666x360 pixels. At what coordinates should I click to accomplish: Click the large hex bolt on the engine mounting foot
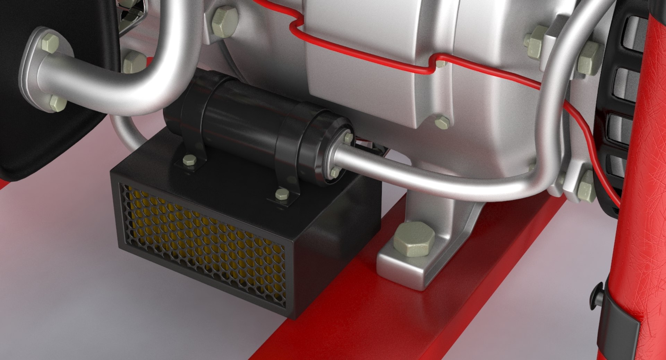click(x=414, y=239)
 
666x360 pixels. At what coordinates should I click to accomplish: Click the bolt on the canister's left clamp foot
click(x=189, y=160)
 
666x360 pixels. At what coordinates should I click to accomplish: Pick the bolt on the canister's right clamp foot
click(x=282, y=194)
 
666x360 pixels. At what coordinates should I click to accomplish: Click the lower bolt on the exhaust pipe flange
click(x=57, y=103)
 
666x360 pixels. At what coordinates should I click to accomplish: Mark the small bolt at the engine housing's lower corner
click(x=442, y=122)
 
